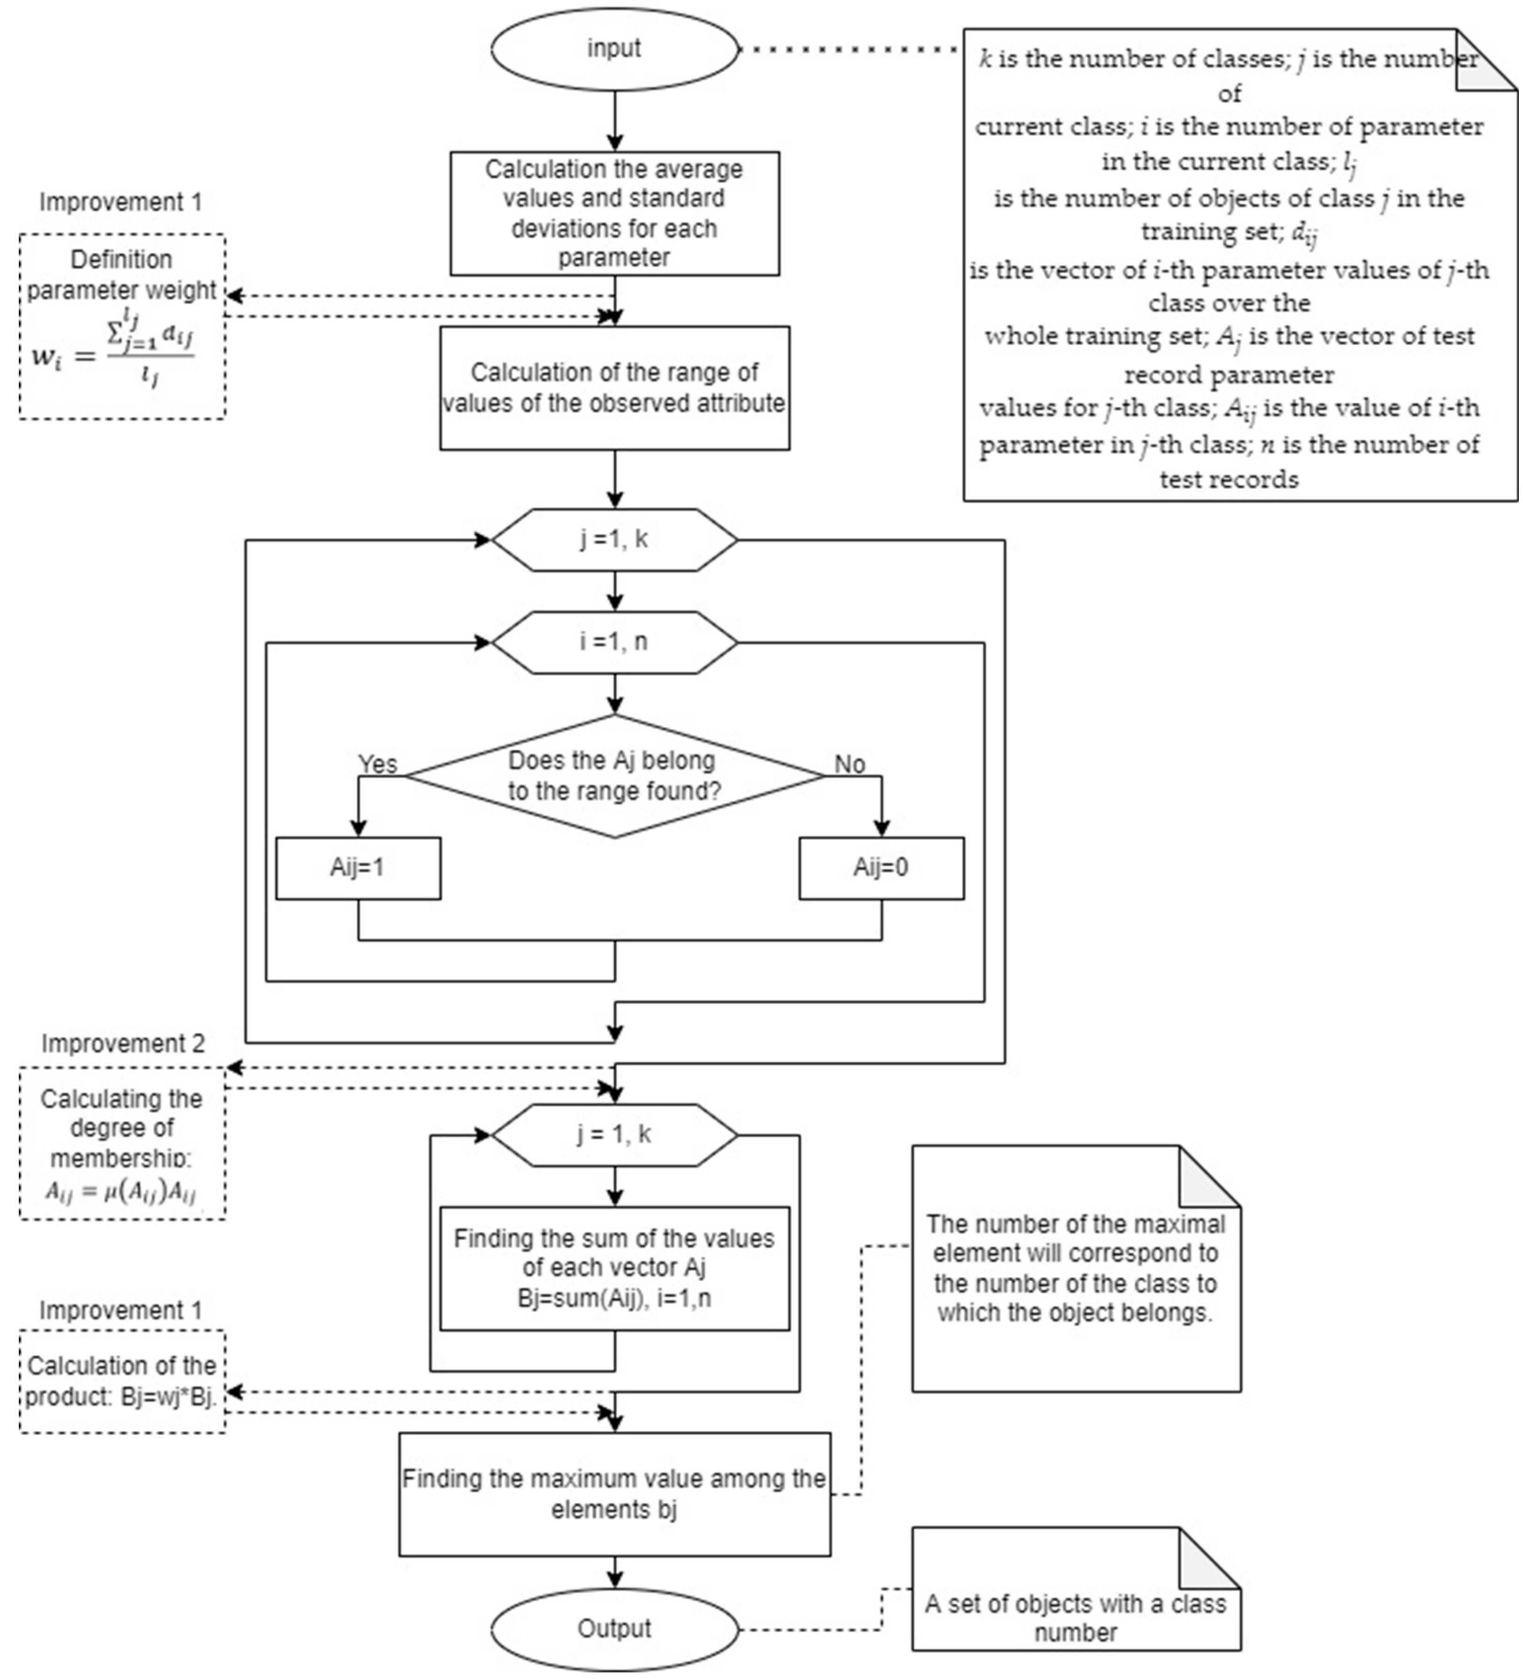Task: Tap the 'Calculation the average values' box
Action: coord(614,213)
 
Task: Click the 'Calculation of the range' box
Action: coord(614,388)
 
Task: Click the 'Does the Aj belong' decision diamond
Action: coord(614,776)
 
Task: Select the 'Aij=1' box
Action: coord(358,868)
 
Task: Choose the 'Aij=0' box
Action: coord(881,868)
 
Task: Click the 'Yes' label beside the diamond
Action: coord(377,764)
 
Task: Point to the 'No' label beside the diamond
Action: coord(850,764)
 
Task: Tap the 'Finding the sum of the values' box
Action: coord(614,1267)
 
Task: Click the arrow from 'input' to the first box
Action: coord(614,121)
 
